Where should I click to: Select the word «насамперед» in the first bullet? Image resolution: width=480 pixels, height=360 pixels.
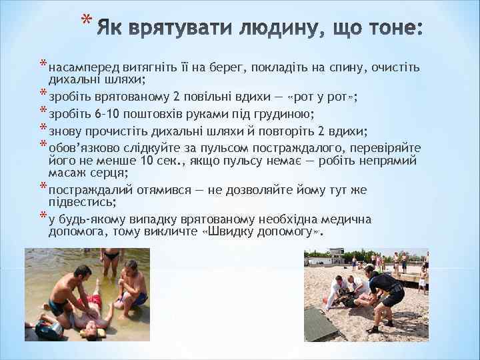(84, 67)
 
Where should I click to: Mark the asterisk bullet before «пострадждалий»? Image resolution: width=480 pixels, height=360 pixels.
(43, 189)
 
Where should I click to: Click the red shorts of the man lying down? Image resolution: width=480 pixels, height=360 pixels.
(95, 302)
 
